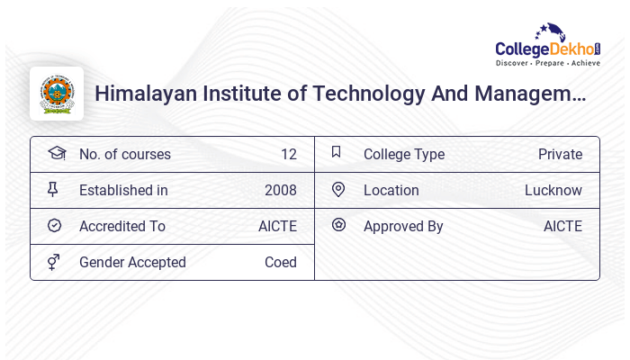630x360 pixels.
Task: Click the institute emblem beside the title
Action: [57, 94]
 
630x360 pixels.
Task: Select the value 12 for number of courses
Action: [288, 155]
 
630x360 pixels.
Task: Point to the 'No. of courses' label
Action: [124, 155]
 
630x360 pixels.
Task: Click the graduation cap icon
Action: [57, 153]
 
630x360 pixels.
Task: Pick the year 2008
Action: [280, 191]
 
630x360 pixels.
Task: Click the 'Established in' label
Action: [123, 191]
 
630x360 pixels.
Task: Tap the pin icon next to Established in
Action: [53, 189]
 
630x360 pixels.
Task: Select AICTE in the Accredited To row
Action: [277, 227]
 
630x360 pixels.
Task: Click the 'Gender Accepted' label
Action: [132, 263]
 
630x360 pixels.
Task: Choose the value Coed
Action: [280, 263]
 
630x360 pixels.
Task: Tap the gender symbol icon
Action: [54, 262]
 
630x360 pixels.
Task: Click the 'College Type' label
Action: [403, 155]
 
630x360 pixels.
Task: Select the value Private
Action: [560, 155]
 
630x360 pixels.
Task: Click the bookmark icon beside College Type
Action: [336, 152]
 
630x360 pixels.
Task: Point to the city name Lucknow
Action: [553, 191]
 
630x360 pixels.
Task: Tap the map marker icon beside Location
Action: [338, 189]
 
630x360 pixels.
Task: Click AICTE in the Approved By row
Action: [562, 227]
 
